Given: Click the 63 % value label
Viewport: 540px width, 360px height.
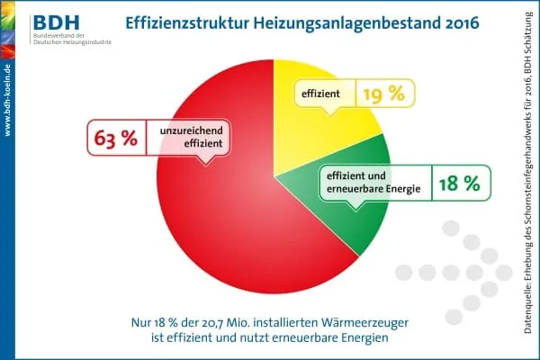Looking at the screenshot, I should tap(116, 140).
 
